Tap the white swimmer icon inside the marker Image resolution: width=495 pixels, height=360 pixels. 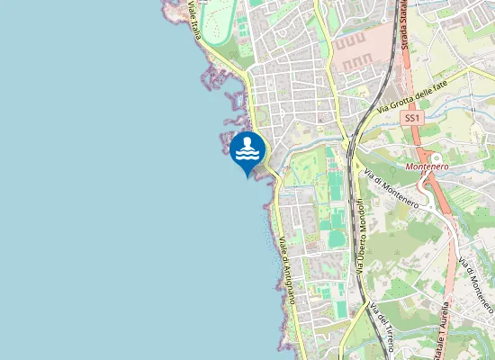point(247,149)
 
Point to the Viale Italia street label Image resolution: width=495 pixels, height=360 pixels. point(194,19)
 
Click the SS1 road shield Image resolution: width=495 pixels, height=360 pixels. point(412,118)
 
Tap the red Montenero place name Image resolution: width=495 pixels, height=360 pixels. point(427,166)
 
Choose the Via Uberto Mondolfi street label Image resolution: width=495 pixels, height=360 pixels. point(359,236)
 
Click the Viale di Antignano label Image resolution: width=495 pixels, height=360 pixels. point(293,270)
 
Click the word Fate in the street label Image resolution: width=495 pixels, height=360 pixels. point(459,85)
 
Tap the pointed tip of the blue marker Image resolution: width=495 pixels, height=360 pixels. point(247,175)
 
